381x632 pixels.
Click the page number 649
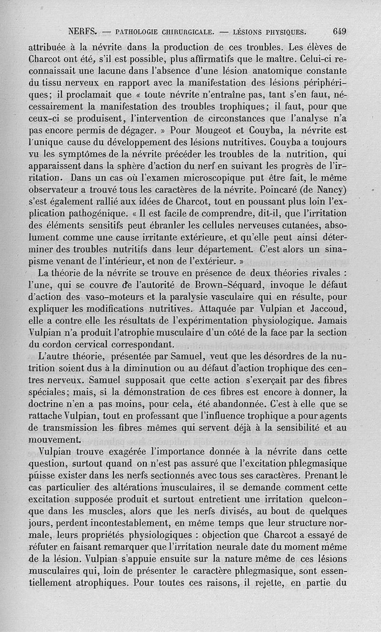(x=339, y=32)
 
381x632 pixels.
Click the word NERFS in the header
(x=83, y=32)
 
